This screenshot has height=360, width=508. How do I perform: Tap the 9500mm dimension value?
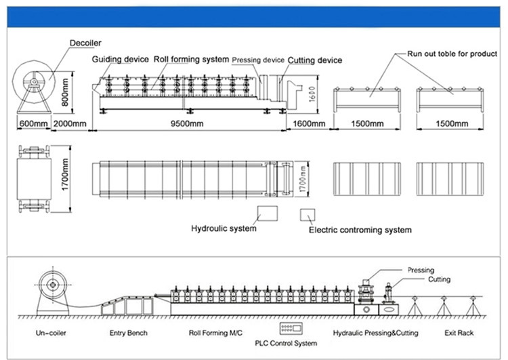188,124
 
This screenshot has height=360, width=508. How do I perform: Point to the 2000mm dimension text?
70,124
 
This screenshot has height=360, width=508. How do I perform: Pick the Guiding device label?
120,60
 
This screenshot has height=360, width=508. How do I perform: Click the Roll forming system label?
191,60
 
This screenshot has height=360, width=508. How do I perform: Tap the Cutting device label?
315,60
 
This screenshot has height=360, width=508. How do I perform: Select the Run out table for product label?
451,53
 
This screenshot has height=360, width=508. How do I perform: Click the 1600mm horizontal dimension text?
308,124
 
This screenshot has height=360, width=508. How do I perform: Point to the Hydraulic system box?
266,214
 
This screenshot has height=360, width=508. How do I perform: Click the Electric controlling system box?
307,214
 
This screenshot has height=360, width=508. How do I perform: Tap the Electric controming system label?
360,231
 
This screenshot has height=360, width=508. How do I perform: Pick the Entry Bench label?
128,334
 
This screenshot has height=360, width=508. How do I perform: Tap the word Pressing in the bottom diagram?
421,271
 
